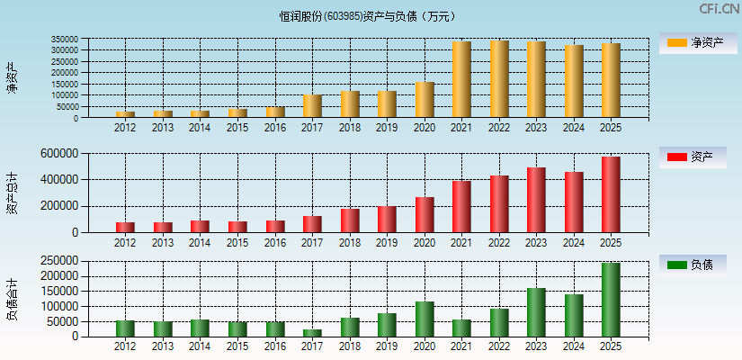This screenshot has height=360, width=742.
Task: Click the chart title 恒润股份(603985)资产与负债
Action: click(x=368, y=16)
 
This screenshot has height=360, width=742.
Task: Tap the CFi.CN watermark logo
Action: click(x=719, y=9)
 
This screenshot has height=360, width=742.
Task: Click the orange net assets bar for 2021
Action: click(x=461, y=79)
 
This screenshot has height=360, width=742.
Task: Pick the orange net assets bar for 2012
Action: click(x=125, y=114)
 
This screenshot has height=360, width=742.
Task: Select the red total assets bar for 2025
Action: click(x=611, y=194)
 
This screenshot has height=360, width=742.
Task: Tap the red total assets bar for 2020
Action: click(x=425, y=214)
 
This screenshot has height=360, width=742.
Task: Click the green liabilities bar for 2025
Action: click(x=611, y=300)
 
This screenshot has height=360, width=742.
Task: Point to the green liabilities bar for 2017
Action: click(x=312, y=333)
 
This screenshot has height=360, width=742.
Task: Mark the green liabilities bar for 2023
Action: click(x=536, y=312)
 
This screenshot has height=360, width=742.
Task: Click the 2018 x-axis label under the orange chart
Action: click(x=349, y=128)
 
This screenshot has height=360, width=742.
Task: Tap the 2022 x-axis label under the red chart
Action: click(x=498, y=242)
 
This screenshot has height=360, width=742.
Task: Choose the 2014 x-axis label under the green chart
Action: click(x=200, y=346)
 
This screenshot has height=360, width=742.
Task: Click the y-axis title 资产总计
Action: click(x=12, y=193)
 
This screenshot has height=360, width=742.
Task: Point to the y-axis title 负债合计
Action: click(x=12, y=300)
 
